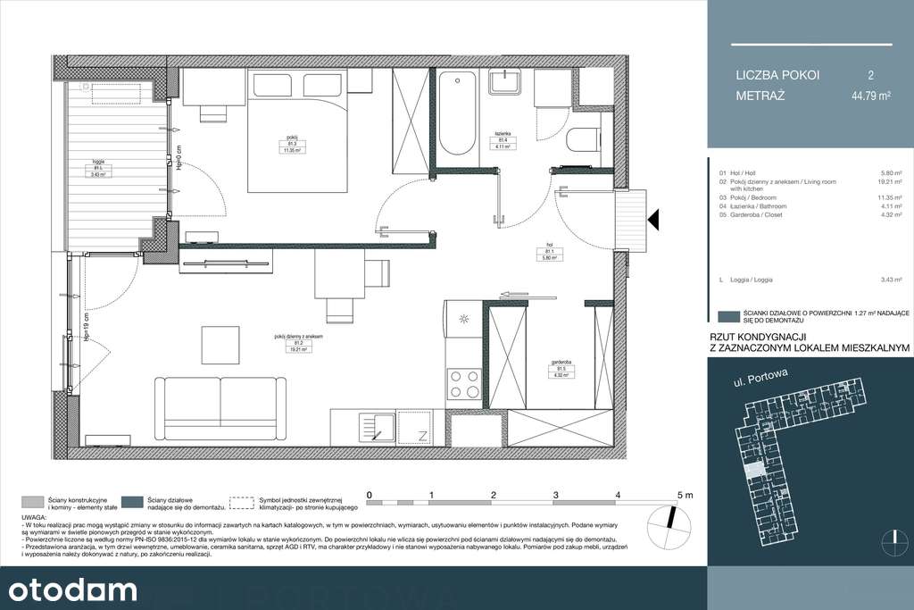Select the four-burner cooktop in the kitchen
point(463,383)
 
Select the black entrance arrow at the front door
point(652,218)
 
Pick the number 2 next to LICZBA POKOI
point(870,75)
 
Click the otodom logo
point(72,589)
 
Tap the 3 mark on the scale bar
point(555,494)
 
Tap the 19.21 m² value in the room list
point(889,181)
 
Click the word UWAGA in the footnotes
point(33,517)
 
